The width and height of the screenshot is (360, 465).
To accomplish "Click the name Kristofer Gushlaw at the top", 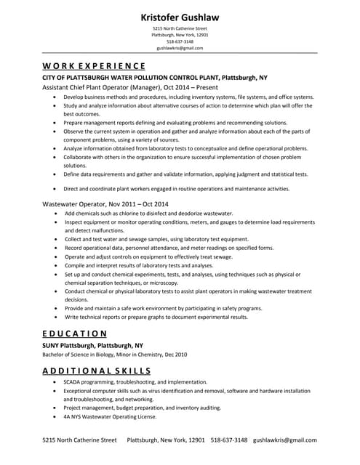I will click(x=180, y=17).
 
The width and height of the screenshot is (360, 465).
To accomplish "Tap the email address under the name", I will click(x=180, y=48).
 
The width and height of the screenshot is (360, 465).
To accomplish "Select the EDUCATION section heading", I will click(x=75, y=333).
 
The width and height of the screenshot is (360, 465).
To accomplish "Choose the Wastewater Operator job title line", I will click(x=105, y=204).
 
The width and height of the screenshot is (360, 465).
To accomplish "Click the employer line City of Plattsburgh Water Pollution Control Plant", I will click(x=154, y=76).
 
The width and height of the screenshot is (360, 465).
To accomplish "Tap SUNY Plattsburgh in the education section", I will click(x=92, y=345).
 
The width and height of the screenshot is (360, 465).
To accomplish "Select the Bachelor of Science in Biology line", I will click(x=114, y=355).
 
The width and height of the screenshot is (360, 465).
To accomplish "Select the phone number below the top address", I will click(x=180, y=41).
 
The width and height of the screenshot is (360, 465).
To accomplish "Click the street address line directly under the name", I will click(x=180, y=28).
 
